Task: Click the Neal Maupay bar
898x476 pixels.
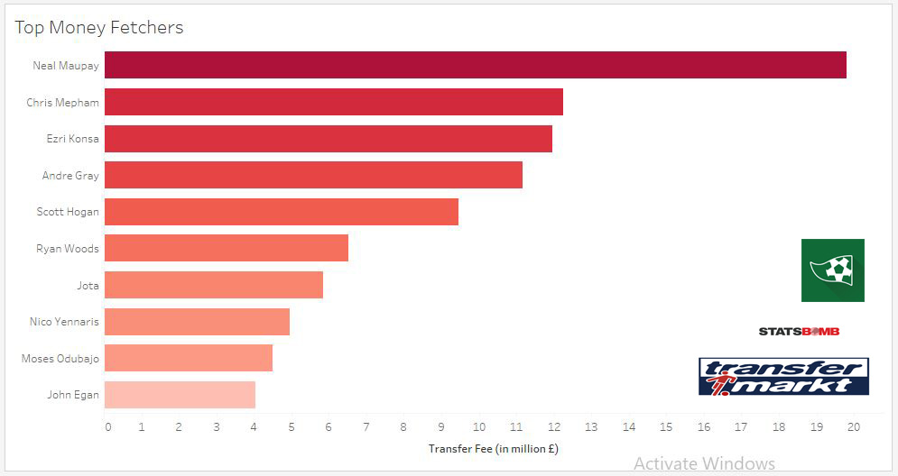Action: coord(476,65)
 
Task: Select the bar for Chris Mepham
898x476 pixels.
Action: coord(334,102)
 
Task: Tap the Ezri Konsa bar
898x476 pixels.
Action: coord(329,139)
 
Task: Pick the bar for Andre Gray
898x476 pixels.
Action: coord(313,175)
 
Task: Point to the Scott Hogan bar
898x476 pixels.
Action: coord(282,212)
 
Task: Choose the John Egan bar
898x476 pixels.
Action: coord(180,395)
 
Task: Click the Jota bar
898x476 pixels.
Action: coord(214,285)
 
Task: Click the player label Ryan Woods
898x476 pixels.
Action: coord(68,248)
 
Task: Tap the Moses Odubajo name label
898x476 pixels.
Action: coord(60,358)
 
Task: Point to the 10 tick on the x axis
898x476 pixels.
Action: coord(478,426)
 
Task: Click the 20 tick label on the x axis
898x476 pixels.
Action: coord(853,426)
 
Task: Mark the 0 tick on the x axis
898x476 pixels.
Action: coord(108,426)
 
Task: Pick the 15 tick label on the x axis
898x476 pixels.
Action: coord(666,426)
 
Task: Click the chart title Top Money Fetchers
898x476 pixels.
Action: coord(99,27)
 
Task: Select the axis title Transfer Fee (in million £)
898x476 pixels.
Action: coord(486,448)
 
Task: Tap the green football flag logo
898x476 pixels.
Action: coord(832,270)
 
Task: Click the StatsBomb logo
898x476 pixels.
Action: coord(799,332)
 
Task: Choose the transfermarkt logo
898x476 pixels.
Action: coord(783,376)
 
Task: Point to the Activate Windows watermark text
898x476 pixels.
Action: coord(704,463)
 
